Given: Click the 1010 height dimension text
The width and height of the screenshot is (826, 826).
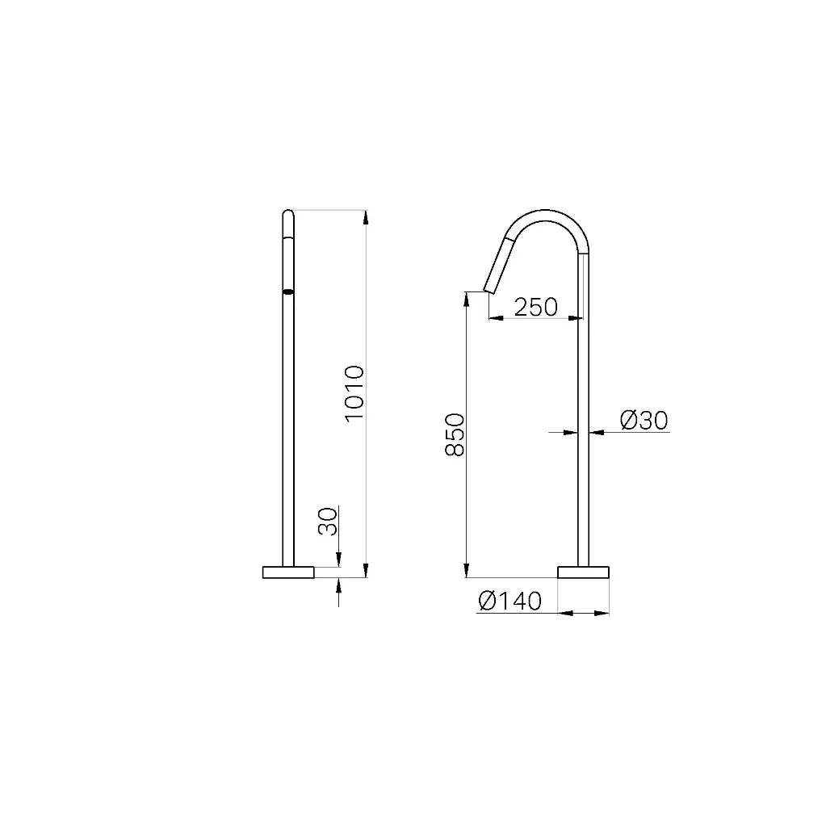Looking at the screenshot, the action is (354, 393).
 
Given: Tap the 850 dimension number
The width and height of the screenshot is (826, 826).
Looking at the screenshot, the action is (455, 434).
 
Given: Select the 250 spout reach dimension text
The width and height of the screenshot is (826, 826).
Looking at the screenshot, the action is (536, 307).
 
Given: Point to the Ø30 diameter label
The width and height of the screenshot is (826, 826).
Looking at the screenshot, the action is (644, 421).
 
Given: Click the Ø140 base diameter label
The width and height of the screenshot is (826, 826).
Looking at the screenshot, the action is (510, 601).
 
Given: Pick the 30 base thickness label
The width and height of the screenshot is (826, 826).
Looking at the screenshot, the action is (328, 522).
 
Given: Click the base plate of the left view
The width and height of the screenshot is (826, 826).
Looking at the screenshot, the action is (288, 572).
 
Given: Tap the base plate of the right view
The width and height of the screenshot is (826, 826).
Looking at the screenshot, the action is (583, 572).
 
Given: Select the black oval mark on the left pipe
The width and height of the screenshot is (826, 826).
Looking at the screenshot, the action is (288, 291).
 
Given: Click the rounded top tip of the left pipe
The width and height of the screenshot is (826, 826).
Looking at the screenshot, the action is (288, 211).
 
